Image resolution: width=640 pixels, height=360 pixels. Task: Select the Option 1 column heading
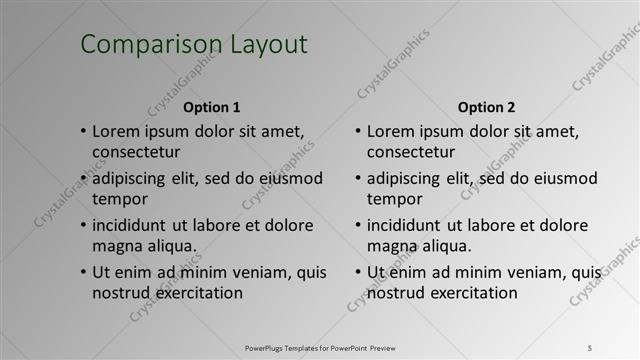click(x=211, y=107)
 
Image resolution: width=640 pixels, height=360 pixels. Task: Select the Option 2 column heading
click(x=487, y=107)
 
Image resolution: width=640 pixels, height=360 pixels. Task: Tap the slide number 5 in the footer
click(x=589, y=347)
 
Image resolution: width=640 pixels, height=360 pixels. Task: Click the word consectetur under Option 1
click(x=136, y=153)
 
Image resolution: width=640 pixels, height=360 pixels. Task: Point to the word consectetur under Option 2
click(x=411, y=153)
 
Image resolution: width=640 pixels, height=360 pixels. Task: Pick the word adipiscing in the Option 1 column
click(x=134, y=179)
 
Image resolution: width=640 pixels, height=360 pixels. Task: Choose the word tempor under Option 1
click(x=120, y=198)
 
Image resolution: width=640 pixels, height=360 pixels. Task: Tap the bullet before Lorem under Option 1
click(x=83, y=132)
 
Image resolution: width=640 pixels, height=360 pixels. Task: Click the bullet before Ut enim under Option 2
click(x=357, y=273)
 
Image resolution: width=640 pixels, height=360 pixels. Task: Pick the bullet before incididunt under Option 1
click(x=83, y=226)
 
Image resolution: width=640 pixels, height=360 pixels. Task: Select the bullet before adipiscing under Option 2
click(x=357, y=179)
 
